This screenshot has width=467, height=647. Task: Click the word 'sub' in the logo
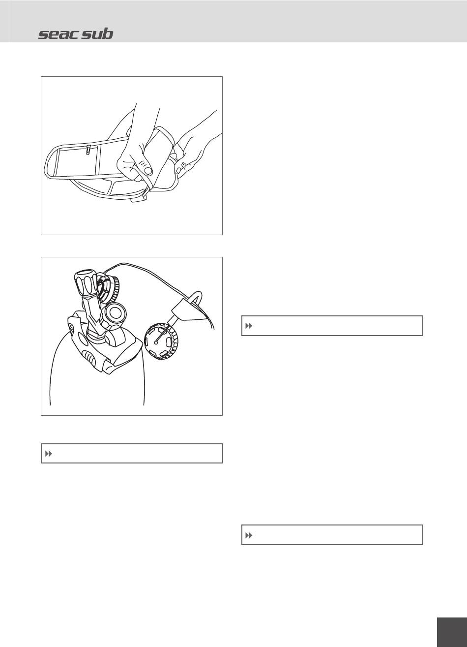[97, 34]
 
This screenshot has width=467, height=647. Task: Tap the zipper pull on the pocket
[88, 150]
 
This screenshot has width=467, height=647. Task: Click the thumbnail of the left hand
[148, 170]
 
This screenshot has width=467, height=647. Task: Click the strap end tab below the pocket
[139, 198]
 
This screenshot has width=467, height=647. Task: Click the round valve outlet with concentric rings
[115, 313]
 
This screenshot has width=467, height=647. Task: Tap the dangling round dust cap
[161, 341]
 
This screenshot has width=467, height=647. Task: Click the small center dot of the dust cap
[155, 342]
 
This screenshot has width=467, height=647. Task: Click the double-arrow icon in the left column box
[48, 454]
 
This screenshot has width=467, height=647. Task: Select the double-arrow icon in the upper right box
[249, 326]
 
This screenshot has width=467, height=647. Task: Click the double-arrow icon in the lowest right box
[249, 535]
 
